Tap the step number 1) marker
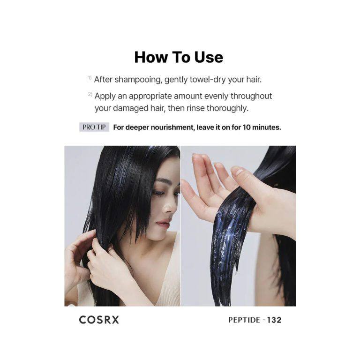pos(90,78)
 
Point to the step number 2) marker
pos(90,94)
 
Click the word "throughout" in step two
pos(251,96)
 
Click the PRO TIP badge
pos(94,127)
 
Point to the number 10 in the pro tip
pos(247,127)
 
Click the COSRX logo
pos(99,320)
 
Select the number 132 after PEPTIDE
pos(274,320)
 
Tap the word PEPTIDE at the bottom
pos(244,320)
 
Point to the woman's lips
pos(163,223)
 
